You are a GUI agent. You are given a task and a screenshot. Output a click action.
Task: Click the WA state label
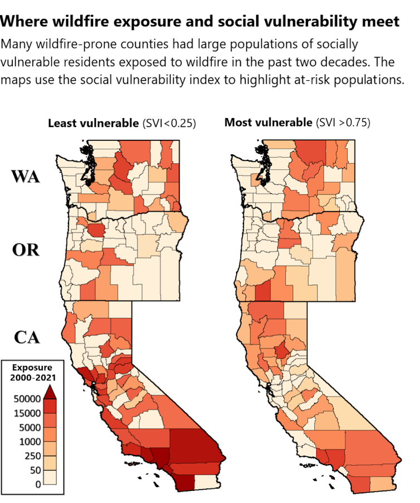pyautogui.click(x=26, y=177)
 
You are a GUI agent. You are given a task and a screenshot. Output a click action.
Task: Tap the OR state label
pyautogui.click(x=26, y=250)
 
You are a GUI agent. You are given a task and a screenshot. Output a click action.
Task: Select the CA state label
pyautogui.click(x=26, y=337)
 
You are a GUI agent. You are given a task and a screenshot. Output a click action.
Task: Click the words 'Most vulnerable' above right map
pyautogui.click(x=268, y=123)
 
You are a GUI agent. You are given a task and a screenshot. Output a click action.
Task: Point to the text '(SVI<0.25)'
pyautogui.click(x=169, y=123)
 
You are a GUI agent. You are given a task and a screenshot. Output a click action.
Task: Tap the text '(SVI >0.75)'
pyautogui.click(x=342, y=123)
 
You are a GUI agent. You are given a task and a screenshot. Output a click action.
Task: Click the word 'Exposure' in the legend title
pyautogui.click(x=32, y=368)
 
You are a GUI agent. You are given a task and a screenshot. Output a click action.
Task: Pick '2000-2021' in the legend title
pyautogui.click(x=32, y=378)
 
